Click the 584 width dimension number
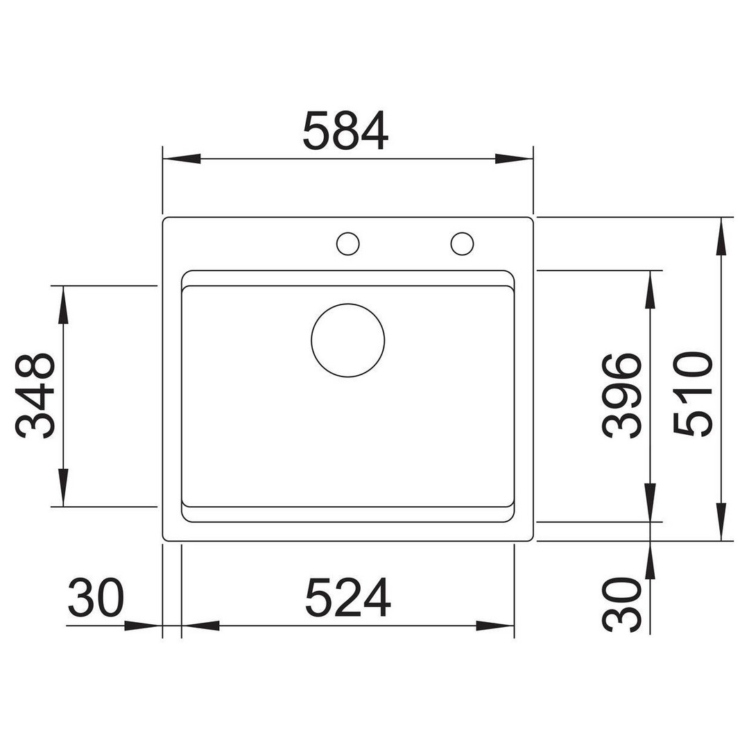click(x=345, y=131)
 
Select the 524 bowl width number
click(x=347, y=597)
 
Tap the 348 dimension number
click(x=35, y=396)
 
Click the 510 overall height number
click(x=693, y=393)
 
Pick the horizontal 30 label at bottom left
click(x=96, y=597)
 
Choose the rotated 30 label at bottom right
click(x=621, y=604)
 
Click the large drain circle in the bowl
click(x=347, y=341)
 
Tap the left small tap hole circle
click(x=347, y=243)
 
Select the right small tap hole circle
click(x=462, y=243)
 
